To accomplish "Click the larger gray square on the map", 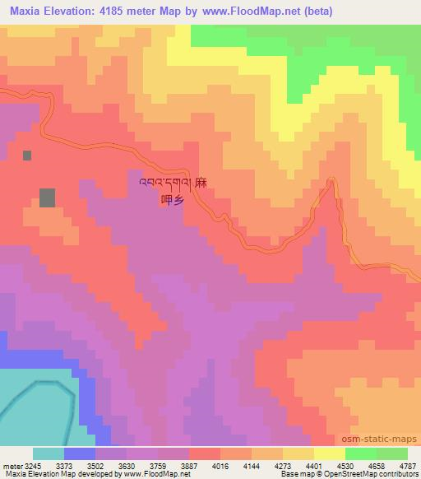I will (x=48, y=198).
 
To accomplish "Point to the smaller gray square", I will (x=27, y=155).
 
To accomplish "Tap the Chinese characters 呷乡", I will (x=171, y=198).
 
